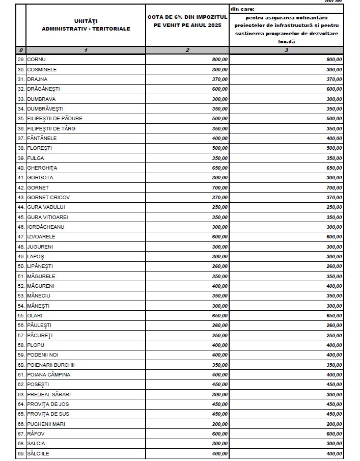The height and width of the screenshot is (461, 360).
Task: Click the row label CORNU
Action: pyautogui.click(x=36, y=60)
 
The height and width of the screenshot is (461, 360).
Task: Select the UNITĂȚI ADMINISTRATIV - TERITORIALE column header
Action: pyautogui.click(x=86, y=25)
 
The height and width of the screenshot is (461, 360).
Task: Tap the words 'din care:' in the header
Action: pyautogui.click(x=242, y=9)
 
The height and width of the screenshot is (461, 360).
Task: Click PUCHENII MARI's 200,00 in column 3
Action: pyautogui.click(x=335, y=424)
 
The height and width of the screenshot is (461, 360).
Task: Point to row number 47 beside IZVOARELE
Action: pyautogui.click(x=21, y=237)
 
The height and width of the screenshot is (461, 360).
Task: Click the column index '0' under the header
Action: pyautogui.click(x=20, y=50)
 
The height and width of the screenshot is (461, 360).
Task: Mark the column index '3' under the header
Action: pyautogui.click(x=286, y=50)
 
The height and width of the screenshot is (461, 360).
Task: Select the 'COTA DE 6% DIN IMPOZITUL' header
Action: pyautogui.click(x=187, y=18)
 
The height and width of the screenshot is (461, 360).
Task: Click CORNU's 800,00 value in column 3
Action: pyautogui.click(x=335, y=60)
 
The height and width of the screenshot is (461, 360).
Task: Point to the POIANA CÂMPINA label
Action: pyautogui.click(x=48, y=374)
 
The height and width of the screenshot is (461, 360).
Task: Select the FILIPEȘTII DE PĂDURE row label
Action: pyautogui.click(x=54, y=119)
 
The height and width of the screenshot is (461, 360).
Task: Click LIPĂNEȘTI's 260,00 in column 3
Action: pyautogui.click(x=335, y=266)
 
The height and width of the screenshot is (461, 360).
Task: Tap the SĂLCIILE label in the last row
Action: pyautogui.click(x=38, y=453)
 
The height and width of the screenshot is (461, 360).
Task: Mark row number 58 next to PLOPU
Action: pyautogui.click(x=21, y=345)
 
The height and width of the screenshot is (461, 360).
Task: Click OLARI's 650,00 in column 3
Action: pyautogui.click(x=335, y=315)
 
